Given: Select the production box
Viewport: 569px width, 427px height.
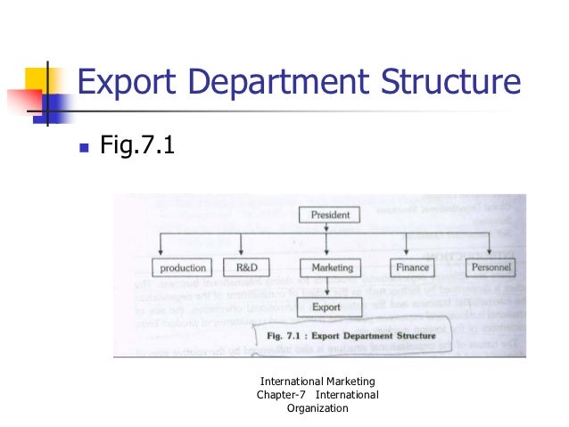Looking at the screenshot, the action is (x=183, y=267).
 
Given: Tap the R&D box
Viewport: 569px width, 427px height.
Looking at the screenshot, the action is (x=246, y=267).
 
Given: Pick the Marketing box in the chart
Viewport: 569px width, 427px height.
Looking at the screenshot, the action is (x=332, y=267).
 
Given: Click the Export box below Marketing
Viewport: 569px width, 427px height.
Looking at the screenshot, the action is (x=327, y=308).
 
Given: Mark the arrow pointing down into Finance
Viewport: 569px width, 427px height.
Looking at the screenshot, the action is (x=407, y=245).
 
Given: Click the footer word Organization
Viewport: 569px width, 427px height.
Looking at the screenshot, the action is (x=317, y=408).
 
